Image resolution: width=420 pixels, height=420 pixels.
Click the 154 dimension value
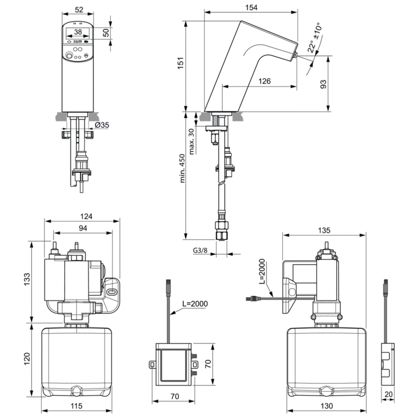pos(251,8)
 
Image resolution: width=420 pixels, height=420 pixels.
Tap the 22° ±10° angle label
pos(315,38)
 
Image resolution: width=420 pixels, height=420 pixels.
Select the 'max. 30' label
pos(191,141)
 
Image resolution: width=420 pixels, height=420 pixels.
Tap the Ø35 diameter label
pos(102,125)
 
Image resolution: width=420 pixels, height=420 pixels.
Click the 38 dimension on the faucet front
pos(78,32)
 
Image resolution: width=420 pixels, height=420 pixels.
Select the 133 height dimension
pos(27,281)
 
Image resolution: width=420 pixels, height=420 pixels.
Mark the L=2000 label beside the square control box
pos(194,304)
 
